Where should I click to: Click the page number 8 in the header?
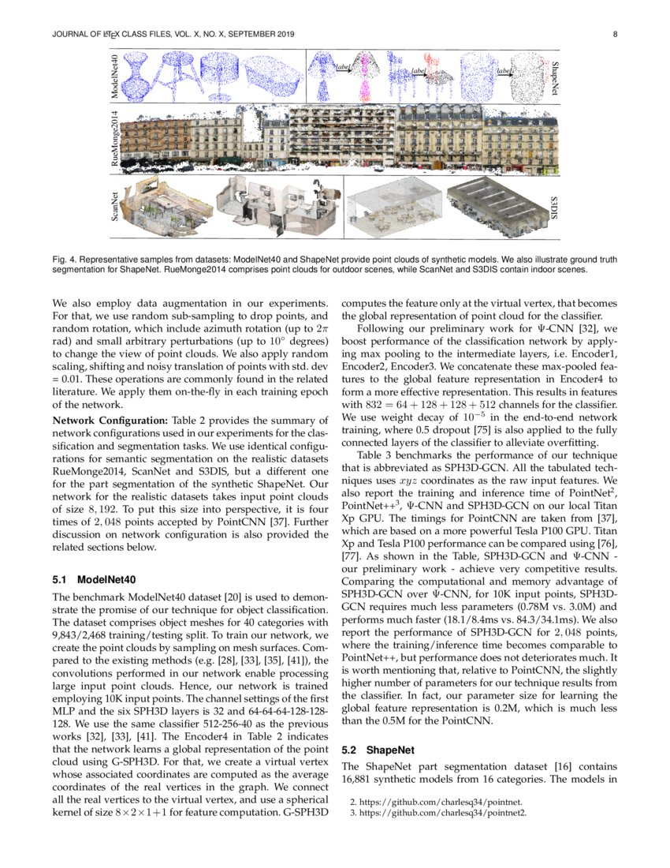[613, 34]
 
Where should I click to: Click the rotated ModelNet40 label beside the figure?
[115, 77]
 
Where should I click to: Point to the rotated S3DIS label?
[554, 208]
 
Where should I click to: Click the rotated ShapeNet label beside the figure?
[554, 78]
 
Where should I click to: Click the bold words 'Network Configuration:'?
[99, 420]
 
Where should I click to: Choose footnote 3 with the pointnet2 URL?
[437, 812]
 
